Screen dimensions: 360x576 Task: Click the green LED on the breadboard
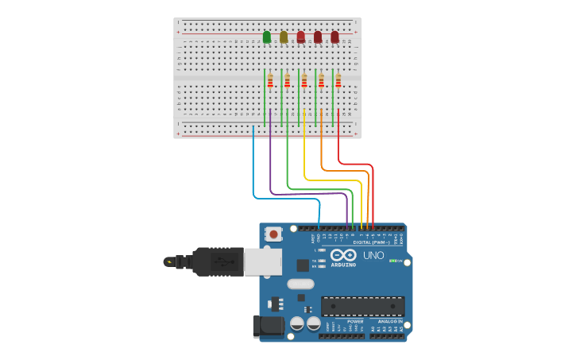point(267,37)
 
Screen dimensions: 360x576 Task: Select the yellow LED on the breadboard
point(284,37)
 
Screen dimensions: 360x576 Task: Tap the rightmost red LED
point(334,37)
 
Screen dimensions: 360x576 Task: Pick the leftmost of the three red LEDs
point(300,37)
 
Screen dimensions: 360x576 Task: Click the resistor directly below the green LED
point(270,80)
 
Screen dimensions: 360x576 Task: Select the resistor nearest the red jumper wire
point(338,80)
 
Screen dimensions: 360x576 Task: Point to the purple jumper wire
point(271,159)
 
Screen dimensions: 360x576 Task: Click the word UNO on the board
point(373,255)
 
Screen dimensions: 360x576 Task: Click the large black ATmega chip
point(362,306)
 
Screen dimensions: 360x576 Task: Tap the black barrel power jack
point(268,326)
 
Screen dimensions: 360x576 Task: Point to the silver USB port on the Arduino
point(262,261)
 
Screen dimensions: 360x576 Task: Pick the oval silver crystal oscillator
point(300,284)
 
